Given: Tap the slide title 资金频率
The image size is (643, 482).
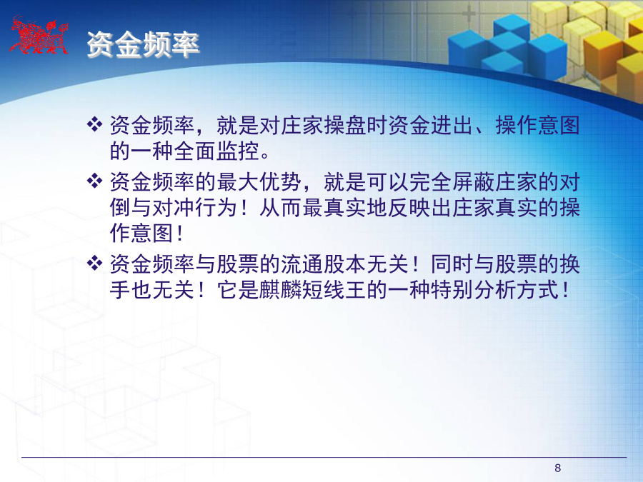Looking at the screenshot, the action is point(143,44).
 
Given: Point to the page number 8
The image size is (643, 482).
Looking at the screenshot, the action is point(558,468).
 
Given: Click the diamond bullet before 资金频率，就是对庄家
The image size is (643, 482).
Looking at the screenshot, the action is point(95,124).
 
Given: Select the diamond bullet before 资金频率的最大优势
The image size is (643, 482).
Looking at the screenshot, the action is point(95,181).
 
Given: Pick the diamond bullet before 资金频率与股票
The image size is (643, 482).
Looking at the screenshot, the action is point(95,263).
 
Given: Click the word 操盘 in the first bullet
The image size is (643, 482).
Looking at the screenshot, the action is point(345,125).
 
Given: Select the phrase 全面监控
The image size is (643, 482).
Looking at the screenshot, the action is point(216,151).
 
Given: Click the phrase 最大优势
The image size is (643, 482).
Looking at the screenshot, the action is point(259,182).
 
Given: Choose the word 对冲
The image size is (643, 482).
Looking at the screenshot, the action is point(174,207).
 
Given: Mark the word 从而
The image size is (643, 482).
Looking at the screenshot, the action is point(281,207).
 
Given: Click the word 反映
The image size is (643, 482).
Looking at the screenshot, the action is point(409,207).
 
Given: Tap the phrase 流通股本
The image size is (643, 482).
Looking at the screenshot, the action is point(324,264).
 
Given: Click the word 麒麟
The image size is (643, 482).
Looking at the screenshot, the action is point(281,290).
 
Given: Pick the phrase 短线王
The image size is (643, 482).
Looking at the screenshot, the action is point(334,290).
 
